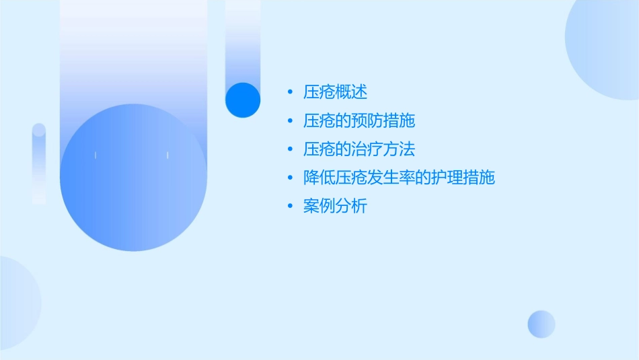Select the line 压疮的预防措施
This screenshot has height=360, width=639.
[x=359, y=121]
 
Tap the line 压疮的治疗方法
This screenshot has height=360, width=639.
[x=359, y=149]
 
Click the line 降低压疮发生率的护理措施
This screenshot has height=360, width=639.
[x=399, y=178]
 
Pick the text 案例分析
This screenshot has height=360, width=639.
[x=335, y=207]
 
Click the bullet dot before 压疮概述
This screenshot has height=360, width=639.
[x=290, y=93]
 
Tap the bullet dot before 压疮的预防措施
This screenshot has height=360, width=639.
[x=290, y=121]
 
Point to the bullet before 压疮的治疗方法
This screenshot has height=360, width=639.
[x=290, y=150]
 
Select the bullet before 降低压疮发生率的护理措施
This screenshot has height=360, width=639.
[x=290, y=178]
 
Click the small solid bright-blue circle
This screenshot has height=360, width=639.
[x=243, y=100]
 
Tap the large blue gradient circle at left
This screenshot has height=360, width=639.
[x=133, y=178]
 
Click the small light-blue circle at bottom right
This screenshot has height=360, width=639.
[x=541, y=324]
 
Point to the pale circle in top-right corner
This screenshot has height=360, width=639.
[x=605, y=47]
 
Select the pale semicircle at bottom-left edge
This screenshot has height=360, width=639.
[x=17, y=303]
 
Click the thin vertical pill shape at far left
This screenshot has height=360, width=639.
[x=39, y=164]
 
